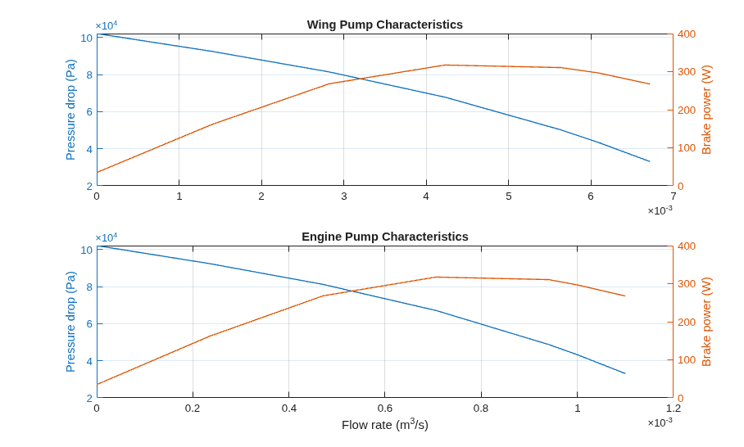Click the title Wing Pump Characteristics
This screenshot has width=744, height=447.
click(385, 25)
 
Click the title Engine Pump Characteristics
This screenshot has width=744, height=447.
click(385, 237)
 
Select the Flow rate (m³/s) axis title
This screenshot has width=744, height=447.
click(385, 424)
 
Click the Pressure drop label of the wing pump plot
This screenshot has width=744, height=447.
click(70, 110)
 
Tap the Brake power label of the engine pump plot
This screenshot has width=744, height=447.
click(706, 322)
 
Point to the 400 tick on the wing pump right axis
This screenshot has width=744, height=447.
click(687, 34)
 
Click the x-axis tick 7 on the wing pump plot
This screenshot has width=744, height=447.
click(674, 196)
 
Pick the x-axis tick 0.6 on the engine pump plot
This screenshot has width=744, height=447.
click(385, 409)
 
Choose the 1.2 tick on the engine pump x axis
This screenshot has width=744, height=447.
click(674, 409)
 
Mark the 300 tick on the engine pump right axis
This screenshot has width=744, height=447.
click(687, 284)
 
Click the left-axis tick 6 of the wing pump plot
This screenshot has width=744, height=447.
click(89, 112)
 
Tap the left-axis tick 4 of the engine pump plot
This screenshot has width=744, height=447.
click(89, 361)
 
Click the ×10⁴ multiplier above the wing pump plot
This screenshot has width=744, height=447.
click(107, 25)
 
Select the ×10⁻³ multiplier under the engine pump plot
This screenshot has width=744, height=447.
click(660, 422)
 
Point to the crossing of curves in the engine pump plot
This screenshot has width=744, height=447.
click(352, 291)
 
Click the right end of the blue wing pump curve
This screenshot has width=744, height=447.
click(650, 161)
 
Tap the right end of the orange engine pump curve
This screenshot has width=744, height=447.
click(625, 296)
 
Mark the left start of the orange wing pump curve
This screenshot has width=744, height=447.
click(97, 172)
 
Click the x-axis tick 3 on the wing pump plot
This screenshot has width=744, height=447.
click(344, 196)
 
